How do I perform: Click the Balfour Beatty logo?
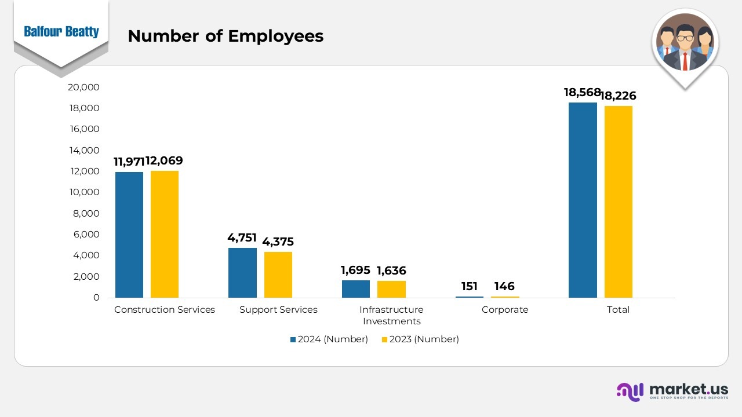61,32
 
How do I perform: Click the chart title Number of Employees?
225,36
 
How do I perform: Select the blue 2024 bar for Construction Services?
129,235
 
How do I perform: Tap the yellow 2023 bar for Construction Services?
165,234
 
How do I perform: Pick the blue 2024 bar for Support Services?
242,273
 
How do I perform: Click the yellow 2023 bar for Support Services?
278,275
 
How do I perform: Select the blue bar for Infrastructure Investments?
356,289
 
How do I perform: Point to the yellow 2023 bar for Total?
618,202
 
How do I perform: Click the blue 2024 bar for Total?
583,200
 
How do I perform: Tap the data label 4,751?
242,238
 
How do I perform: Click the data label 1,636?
391,270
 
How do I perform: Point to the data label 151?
470,287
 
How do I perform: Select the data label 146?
504,287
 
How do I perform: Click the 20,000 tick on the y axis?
84,87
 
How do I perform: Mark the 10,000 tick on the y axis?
84,192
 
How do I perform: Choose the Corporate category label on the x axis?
505,310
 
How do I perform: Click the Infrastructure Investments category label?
391,315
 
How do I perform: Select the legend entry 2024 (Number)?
329,339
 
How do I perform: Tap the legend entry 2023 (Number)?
420,339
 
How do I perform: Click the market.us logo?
672,391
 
